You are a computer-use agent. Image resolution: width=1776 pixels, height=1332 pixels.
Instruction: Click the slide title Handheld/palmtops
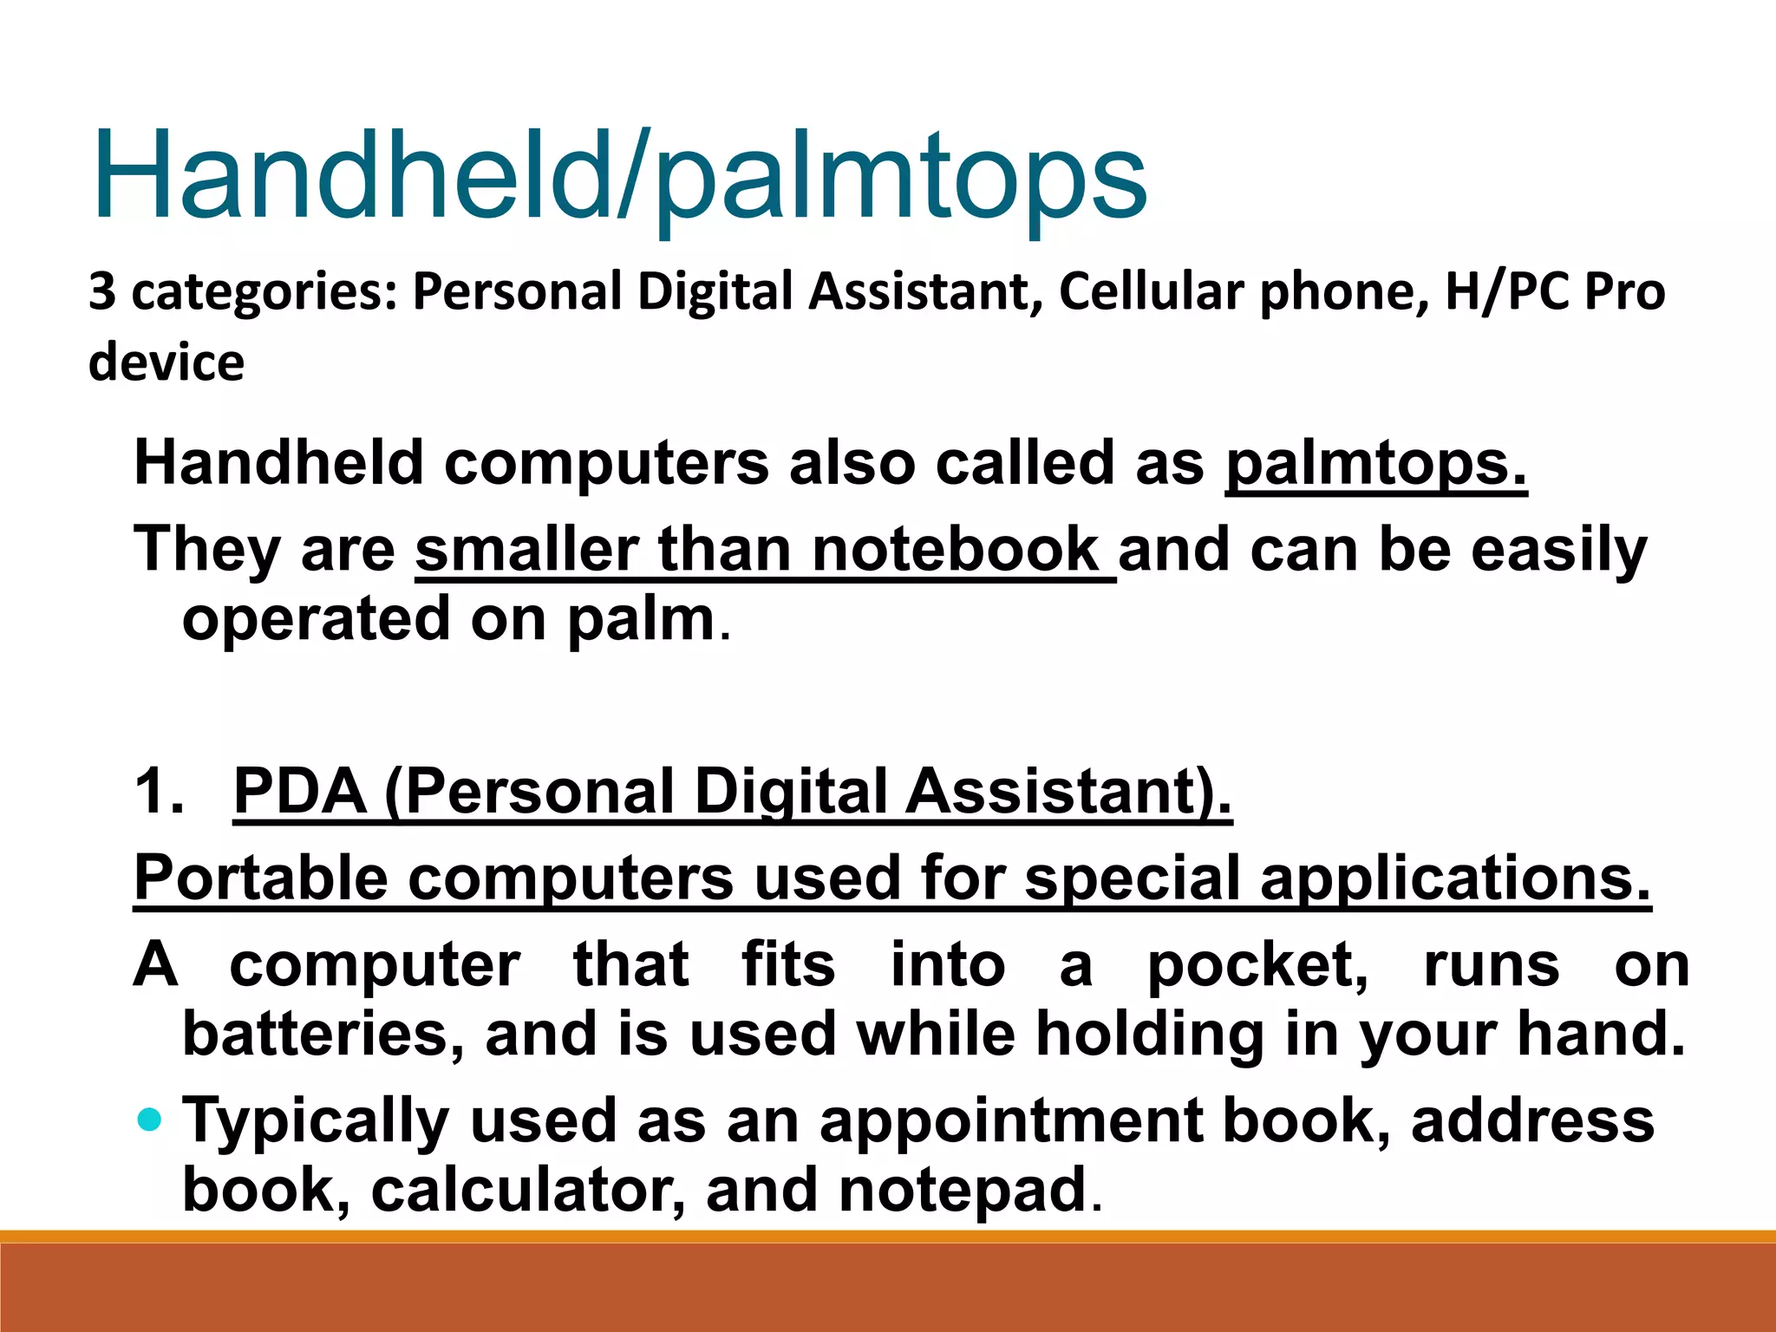pos(619,178)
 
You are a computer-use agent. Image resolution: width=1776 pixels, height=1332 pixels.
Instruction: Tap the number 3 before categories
pos(102,291)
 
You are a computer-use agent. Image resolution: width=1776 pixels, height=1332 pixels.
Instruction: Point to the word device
pos(166,362)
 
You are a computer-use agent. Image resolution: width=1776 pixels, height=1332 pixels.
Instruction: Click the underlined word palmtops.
pos(1375,463)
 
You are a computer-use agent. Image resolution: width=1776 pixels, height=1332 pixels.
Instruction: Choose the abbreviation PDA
pos(300,791)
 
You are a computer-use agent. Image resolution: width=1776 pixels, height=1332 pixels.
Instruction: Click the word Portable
pos(261,878)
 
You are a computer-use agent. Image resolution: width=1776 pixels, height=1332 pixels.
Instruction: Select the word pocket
pos(1257,964)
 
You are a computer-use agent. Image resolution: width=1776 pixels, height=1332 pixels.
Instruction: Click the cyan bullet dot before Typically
pos(150,1120)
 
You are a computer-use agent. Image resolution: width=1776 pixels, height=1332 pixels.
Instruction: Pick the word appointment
pos(1010,1120)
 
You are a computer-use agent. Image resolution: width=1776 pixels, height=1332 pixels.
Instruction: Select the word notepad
pos(963,1190)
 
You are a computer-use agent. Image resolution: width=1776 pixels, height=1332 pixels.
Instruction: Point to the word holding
pos(1150,1034)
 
